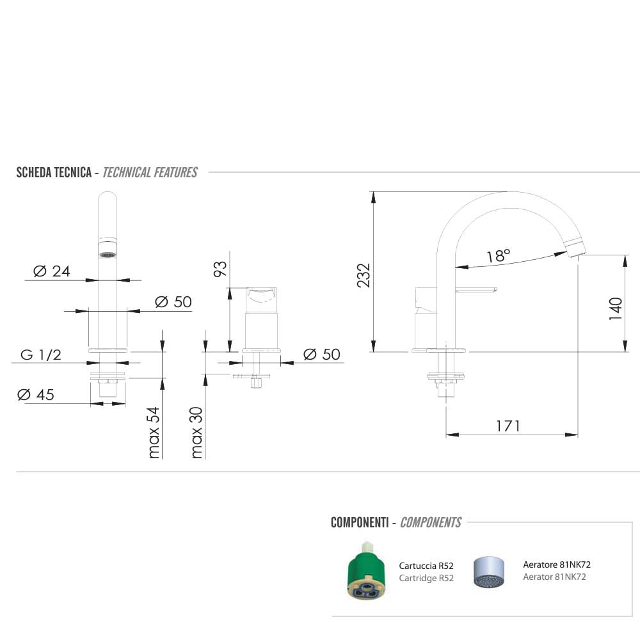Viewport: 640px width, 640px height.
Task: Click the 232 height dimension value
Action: [364, 275]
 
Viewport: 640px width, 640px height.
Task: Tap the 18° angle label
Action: [498, 256]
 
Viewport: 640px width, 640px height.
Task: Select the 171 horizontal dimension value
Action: [508, 426]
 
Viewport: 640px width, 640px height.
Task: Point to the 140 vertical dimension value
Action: [616, 308]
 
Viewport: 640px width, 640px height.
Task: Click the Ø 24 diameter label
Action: [51, 271]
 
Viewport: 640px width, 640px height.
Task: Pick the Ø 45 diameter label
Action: [36, 395]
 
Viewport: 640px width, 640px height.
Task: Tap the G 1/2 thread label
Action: [41, 355]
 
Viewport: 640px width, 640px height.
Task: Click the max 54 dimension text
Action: [154, 433]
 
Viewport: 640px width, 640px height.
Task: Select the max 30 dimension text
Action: [196, 433]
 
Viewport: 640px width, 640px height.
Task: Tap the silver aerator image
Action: [489, 572]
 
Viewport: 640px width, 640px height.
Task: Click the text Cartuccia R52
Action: [426, 566]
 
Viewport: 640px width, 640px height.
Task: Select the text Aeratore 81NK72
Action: [557, 564]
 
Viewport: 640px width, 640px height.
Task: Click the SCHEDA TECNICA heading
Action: [54, 172]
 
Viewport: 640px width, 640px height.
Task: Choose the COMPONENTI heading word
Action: [359, 523]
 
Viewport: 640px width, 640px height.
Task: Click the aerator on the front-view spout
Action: [108, 254]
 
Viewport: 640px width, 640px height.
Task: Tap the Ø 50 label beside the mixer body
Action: [322, 354]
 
